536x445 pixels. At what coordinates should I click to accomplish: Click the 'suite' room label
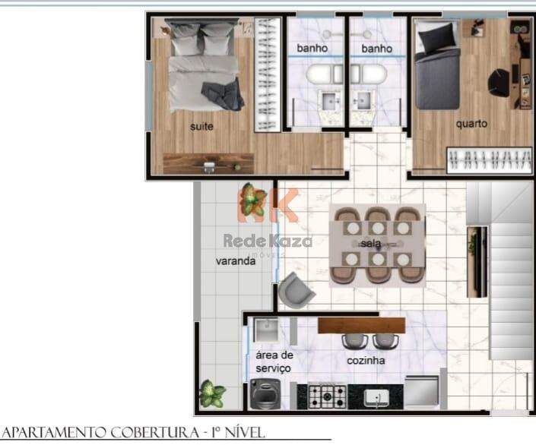tap(201, 127)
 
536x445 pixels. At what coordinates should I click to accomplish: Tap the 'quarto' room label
tap(471, 124)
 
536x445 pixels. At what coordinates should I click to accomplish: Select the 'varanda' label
tap(236, 261)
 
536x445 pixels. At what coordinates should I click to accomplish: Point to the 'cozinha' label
tap(366, 361)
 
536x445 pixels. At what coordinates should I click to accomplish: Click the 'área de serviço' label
tap(274, 361)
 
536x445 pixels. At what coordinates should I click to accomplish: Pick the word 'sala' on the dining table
tap(370, 244)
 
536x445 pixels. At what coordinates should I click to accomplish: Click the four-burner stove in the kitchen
tap(327, 396)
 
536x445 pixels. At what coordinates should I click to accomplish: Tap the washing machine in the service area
tap(265, 394)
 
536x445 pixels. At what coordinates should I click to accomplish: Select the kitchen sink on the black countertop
tap(376, 398)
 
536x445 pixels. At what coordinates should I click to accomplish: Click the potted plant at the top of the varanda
tap(252, 200)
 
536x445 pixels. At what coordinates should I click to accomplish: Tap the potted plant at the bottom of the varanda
tap(211, 393)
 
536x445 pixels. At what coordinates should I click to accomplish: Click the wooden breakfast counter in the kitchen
tap(361, 326)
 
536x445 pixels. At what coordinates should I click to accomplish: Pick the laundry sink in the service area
tap(265, 330)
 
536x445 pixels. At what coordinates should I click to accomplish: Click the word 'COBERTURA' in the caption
tap(155, 433)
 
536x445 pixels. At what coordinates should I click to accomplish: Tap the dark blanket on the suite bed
tap(223, 95)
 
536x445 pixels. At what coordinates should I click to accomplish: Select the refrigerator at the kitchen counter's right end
tap(422, 390)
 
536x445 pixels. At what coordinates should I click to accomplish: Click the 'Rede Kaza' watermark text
tap(268, 241)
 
